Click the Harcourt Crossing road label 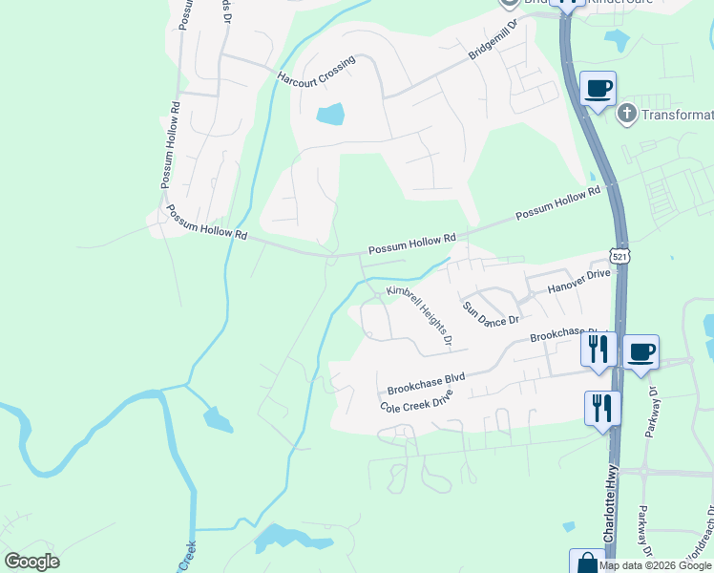click(316, 70)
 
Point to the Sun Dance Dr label click(491, 313)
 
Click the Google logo click(31, 562)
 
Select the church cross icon click(626, 115)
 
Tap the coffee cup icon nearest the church click(598, 89)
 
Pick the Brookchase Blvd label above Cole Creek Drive click(426, 383)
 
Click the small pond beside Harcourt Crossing click(330, 115)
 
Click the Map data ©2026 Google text click(656, 565)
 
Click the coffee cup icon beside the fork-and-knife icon click(641, 351)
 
